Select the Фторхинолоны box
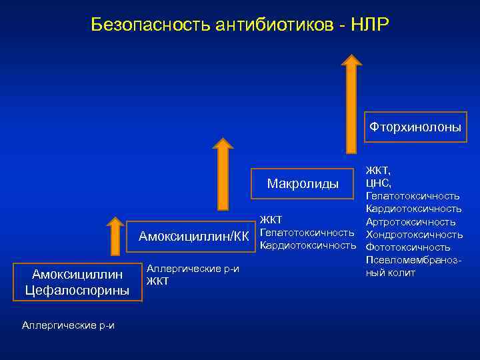415,127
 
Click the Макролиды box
302,183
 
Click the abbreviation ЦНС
378,183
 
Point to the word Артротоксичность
411,221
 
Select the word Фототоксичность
409,247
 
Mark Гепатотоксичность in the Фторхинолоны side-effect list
412,195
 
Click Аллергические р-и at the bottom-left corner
68,325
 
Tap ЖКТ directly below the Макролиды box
271,219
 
